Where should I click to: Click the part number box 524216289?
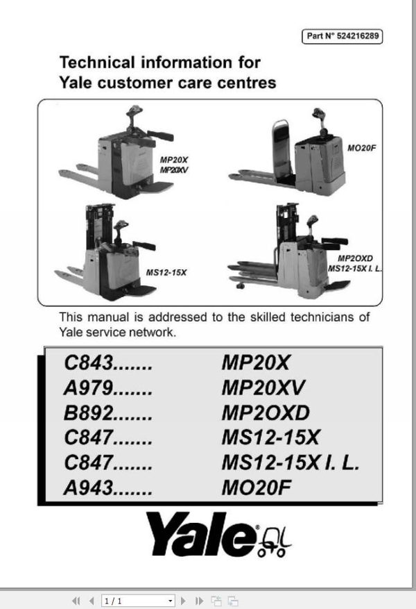[343, 37]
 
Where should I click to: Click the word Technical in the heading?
[100, 62]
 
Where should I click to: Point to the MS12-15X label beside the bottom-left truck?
[166, 272]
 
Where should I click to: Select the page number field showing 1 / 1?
[137, 600]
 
